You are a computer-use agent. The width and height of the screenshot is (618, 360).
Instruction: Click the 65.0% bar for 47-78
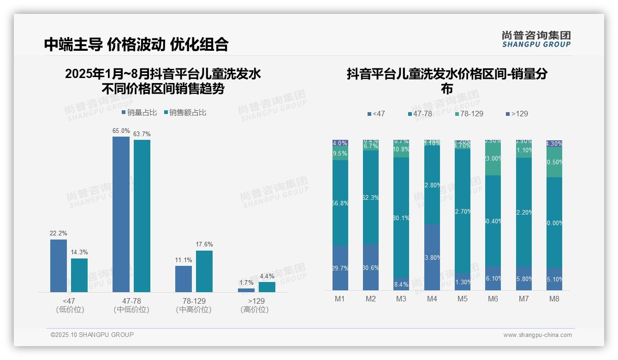point(121,214)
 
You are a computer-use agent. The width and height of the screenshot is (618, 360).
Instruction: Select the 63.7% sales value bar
point(142,216)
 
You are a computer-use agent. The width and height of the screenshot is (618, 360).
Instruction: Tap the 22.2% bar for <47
point(59,265)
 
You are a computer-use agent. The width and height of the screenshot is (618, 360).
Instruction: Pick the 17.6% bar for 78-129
point(204,271)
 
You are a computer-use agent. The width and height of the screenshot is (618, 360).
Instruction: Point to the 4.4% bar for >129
point(267,287)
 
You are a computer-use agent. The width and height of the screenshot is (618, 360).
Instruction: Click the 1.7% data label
point(246,282)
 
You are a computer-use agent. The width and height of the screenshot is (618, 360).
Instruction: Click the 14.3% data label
point(79,252)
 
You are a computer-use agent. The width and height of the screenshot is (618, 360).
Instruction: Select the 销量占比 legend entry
point(139,113)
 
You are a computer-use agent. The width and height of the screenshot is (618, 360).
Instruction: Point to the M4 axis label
point(432,299)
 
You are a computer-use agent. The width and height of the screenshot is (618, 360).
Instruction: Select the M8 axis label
point(554,299)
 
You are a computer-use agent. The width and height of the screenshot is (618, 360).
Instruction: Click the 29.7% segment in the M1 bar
point(340,268)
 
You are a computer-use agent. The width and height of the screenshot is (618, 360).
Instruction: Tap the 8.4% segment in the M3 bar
point(401,284)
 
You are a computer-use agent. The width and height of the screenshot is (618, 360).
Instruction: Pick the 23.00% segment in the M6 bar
point(493,158)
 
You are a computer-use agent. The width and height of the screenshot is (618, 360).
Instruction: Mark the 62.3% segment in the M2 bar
point(371,197)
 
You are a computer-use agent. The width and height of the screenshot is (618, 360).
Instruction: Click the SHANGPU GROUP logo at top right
point(536,39)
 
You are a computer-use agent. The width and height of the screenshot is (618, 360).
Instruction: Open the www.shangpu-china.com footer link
point(537,335)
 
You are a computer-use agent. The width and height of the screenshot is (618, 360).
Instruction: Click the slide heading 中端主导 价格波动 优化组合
point(136,44)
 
